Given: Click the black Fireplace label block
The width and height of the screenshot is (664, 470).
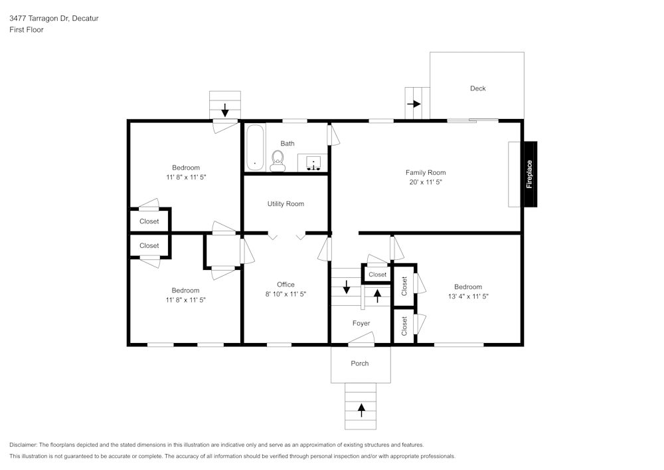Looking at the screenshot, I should coord(530,174).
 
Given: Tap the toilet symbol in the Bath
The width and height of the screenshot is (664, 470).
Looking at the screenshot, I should coord(278,160).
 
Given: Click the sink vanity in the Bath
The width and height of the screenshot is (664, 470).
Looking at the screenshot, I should coord(313,162).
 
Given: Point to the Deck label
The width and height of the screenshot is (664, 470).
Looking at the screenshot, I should coord(477,88).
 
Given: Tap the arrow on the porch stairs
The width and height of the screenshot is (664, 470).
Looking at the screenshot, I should coord(361,410).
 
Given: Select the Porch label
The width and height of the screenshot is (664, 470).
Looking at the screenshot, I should coord(359,364).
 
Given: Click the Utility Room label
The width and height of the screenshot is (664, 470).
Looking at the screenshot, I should coord(286,204).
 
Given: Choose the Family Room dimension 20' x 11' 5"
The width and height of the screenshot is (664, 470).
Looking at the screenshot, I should coord(426,181).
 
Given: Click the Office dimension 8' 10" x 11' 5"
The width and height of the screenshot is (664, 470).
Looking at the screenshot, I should coord(286,294).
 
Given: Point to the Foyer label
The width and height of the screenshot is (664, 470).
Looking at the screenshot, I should coord(361,324).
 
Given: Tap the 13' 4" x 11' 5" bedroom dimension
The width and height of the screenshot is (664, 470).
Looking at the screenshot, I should coord(468,296).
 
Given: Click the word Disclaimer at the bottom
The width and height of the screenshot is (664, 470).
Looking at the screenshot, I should coord(23,445).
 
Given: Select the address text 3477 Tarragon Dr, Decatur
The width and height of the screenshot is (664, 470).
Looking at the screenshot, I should coord(54,19).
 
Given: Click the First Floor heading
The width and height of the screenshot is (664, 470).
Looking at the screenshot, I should coord(27,30).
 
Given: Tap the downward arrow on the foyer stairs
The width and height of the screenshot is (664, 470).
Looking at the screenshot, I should coord(346,287).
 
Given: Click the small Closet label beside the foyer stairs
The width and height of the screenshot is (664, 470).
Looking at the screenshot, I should coord(377,275).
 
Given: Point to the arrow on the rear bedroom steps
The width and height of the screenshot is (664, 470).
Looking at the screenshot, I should coord(225,109).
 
